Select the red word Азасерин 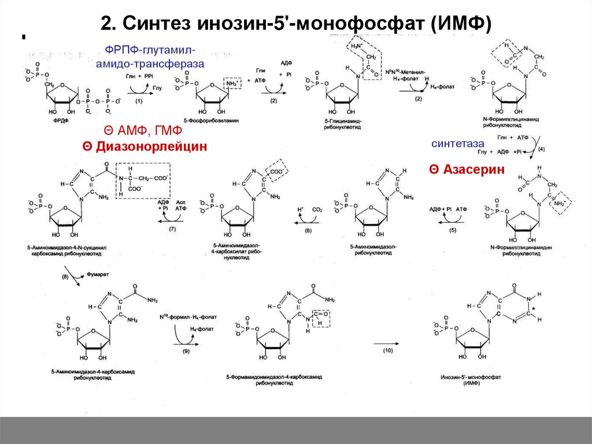pos(467,169)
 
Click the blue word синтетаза pos(457,143)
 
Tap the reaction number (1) pos(139,101)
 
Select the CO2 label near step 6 pos(319,210)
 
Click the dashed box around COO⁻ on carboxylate pos(277,171)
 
